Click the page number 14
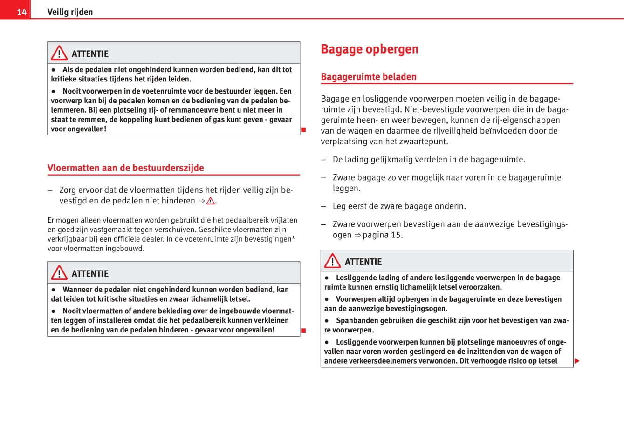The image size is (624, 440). pyautogui.click(x=22, y=12)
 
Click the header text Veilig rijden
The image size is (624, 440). pyautogui.click(x=70, y=12)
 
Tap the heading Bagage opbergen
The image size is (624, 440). pyautogui.click(x=370, y=49)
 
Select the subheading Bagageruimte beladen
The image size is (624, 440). pyautogui.click(x=369, y=77)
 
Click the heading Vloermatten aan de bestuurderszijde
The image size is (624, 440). pyautogui.click(x=126, y=168)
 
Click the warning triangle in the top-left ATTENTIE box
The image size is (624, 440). pyautogui.click(x=59, y=54)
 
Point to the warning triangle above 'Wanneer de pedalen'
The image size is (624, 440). pyautogui.click(x=59, y=273)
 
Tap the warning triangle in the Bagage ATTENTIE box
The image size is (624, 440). pyautogui.click(x=332, y=261)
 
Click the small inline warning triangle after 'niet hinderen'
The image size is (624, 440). pyautogui.click(x=211, y=201)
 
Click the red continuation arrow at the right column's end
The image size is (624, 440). pyautogui.click(x=577, y=361)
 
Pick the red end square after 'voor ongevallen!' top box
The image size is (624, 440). pyautogui.click(x=303, y=129)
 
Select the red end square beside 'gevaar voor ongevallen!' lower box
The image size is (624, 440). pyautogui.click(x=303, y=331)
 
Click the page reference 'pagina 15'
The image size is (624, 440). pyautogui.click(x=382, y=235)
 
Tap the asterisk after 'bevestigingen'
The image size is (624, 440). pyautogui.click(x=293, y=238)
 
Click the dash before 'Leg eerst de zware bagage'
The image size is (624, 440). pyautogui.click(x=323, y=206)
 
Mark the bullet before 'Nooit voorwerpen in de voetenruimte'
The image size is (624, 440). pyautogui.click(x=54, y=92)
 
